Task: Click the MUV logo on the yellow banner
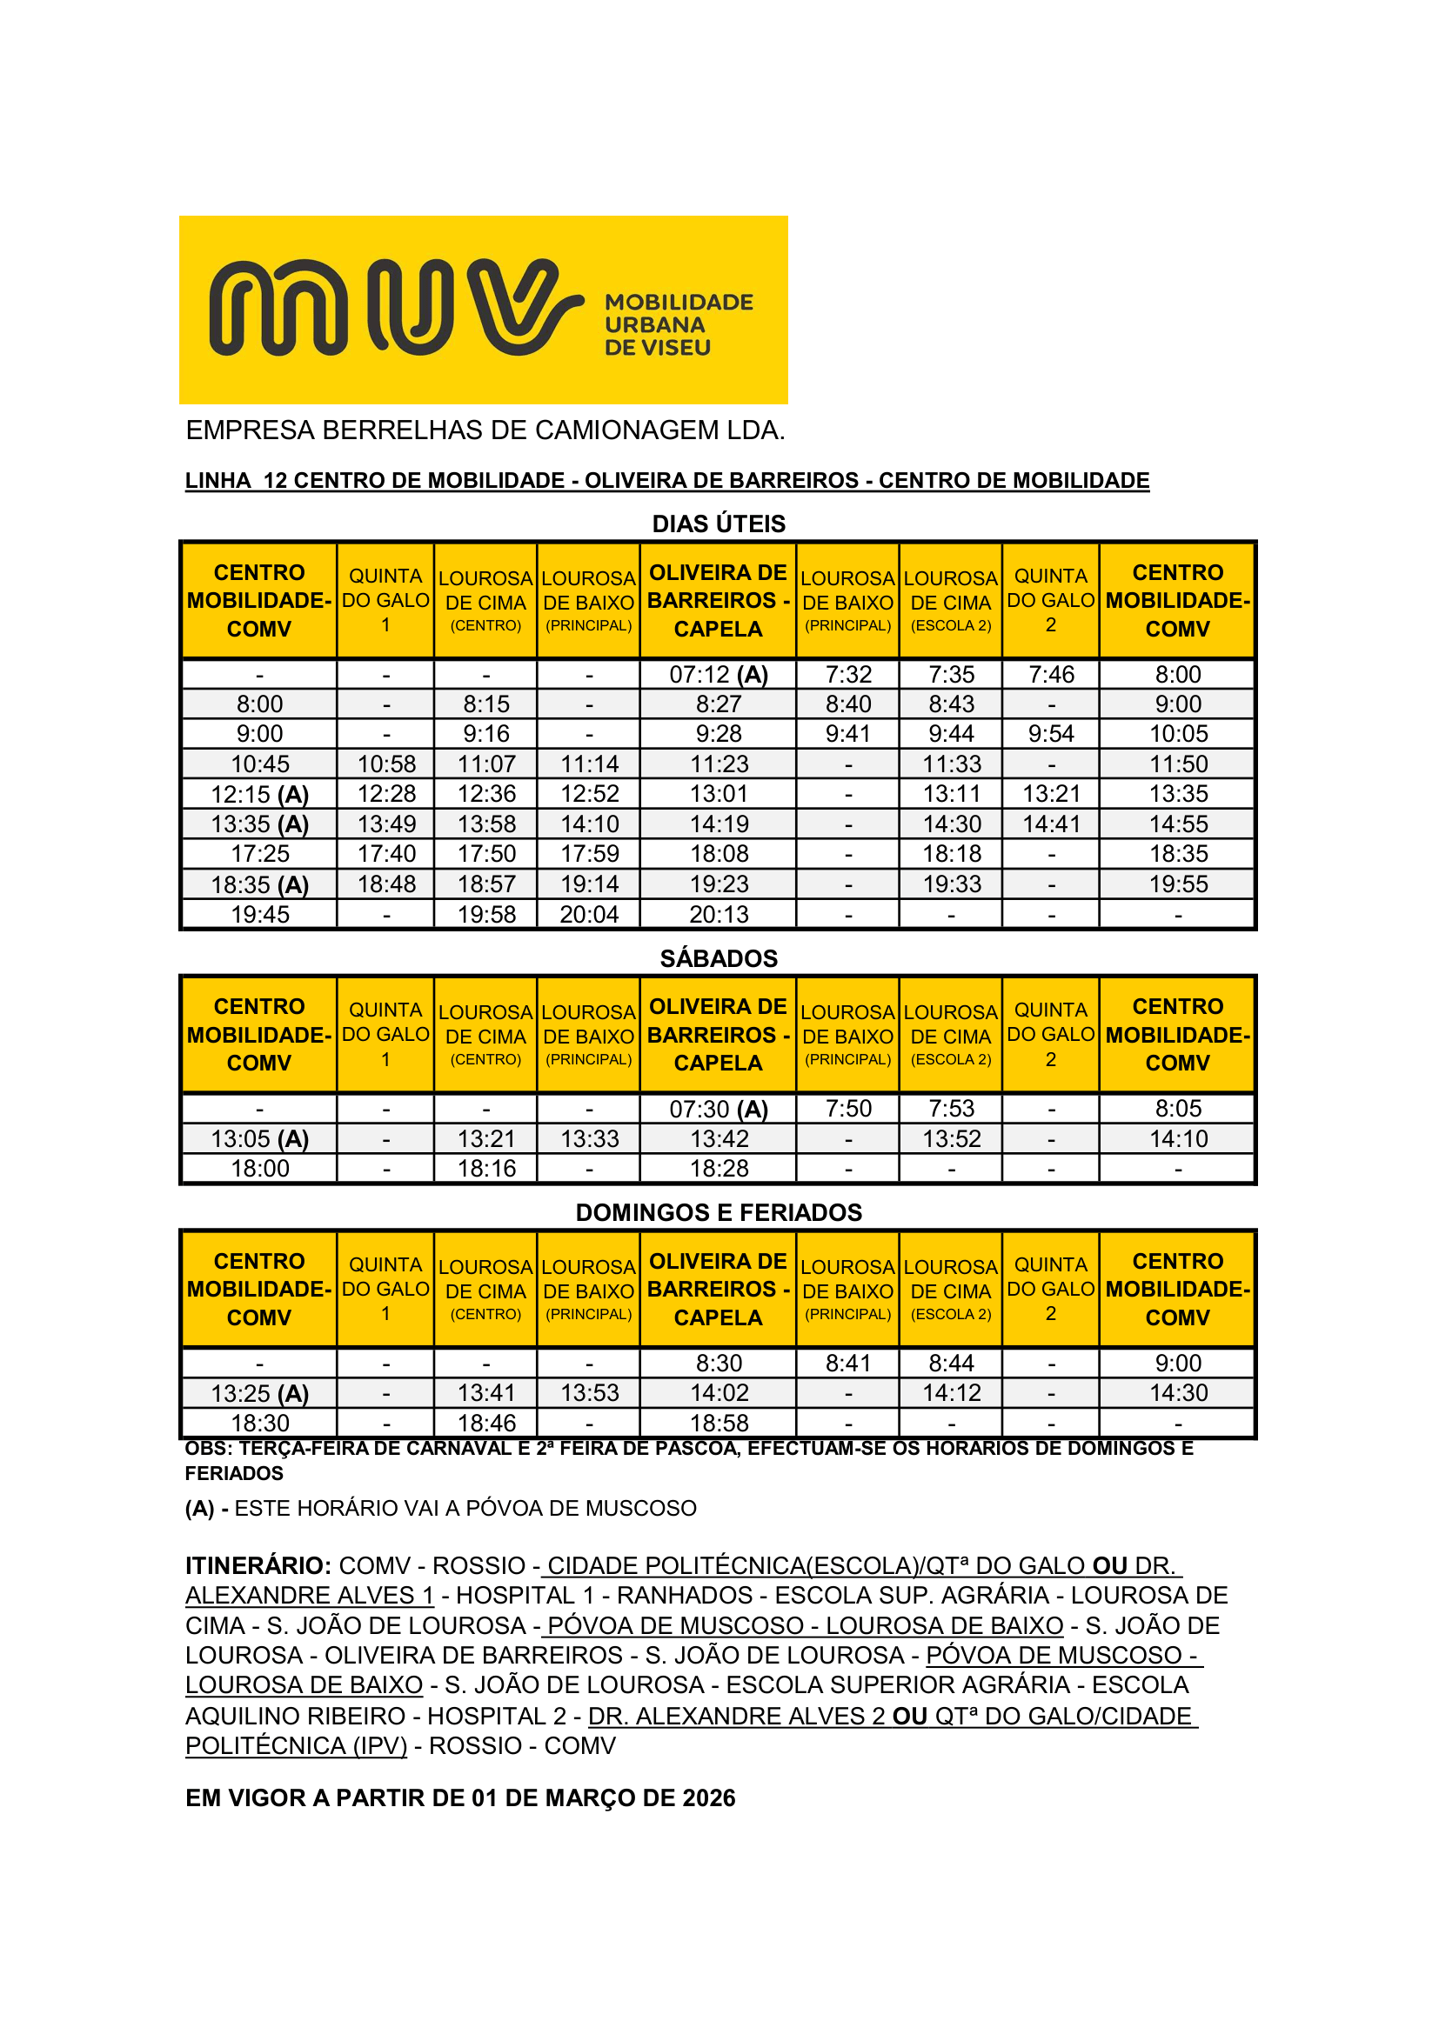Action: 394,307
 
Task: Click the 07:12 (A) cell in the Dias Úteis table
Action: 718,675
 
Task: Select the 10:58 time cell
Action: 385,764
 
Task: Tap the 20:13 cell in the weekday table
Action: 718,914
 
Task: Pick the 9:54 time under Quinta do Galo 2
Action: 1050,735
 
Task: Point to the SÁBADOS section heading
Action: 719,958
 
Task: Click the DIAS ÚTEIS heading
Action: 719,524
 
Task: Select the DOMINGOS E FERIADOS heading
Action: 719,1213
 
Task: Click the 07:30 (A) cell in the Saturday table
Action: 718,1109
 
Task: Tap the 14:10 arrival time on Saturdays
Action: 1178,1139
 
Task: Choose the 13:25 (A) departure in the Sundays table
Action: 259,1393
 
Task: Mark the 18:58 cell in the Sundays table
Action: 718,1424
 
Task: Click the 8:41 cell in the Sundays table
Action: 847,1364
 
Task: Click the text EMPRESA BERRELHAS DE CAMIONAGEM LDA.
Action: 485,430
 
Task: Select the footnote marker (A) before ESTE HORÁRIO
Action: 200,1508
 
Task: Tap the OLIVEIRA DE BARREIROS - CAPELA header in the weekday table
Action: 718,601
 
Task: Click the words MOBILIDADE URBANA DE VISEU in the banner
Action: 678,325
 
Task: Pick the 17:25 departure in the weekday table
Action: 259,854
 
